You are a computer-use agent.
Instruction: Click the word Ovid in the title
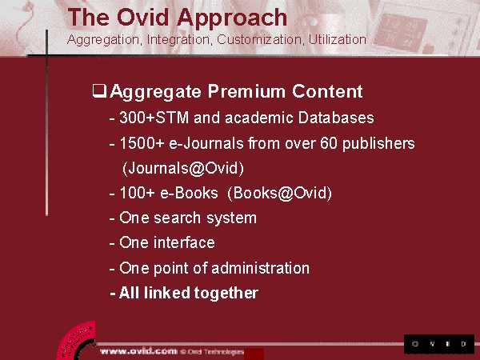tap(142, 18)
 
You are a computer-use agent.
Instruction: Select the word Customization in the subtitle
tap(259, 40)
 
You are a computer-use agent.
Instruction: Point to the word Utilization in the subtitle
tap(337, 39)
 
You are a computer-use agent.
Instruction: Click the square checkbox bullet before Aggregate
tap(99, 91)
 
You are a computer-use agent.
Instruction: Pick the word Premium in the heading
tap(246, 91)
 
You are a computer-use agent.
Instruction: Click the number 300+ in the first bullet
tap(137, 118)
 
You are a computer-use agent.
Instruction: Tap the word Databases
tap(336, 118)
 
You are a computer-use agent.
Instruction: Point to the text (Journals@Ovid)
tap(182, 168)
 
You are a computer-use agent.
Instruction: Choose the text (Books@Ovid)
tap(279, 193)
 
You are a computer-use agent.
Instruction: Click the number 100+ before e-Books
tap(137, 193)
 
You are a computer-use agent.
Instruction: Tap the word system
tap(231, 218)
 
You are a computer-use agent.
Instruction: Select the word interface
tap(184, 242)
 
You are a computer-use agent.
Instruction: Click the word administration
tap(260, 268)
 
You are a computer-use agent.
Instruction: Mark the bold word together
tap(226, 294)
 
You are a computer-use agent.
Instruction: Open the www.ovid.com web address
tap(138, 351)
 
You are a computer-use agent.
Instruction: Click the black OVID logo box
tap(439, 344)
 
